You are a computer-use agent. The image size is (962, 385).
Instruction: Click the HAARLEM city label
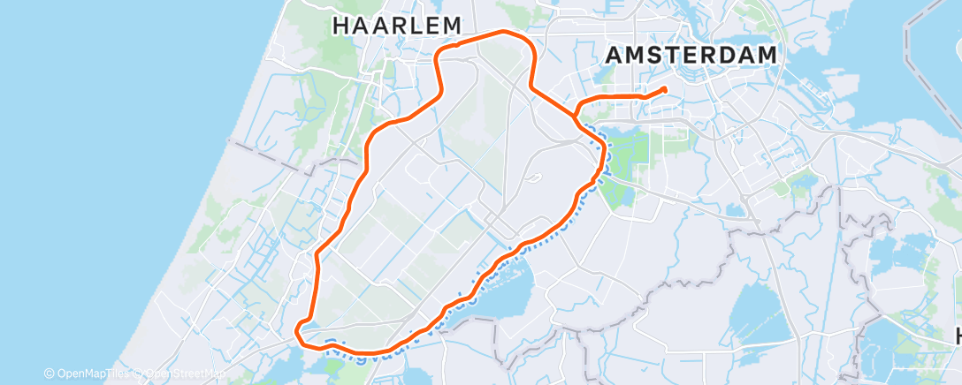coord(397,26)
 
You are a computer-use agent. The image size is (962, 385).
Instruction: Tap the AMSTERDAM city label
coord(692,55)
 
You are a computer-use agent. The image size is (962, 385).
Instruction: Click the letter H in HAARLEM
coord(340,26)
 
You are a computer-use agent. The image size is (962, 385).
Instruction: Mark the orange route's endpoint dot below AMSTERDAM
coord(663,89)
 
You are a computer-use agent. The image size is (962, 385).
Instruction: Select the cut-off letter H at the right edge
coord(957,336)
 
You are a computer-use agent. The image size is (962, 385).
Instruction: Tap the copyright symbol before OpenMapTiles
coord(49,374)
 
